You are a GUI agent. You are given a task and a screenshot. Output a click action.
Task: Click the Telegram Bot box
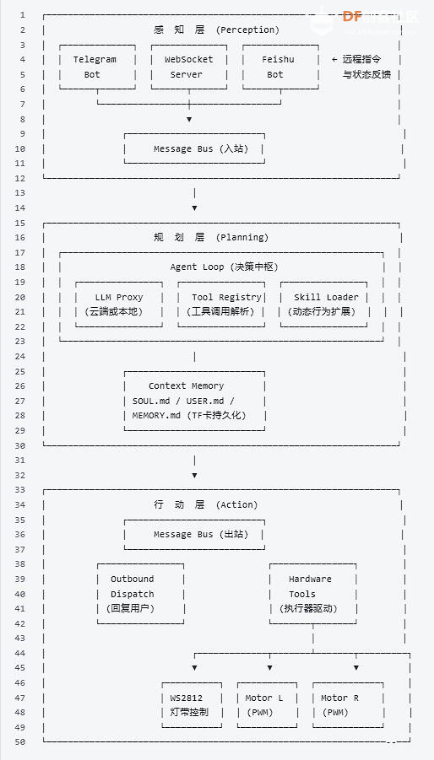tap(95, 67)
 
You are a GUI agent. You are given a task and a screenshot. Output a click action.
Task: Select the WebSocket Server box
tap(188, 67)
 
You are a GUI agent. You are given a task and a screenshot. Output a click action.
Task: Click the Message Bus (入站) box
tap(194, 148)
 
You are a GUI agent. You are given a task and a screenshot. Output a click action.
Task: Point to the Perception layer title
tap(216, 30)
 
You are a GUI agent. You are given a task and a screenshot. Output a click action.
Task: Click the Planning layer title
tap(215, 237)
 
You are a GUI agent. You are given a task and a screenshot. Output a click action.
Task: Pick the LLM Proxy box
tap(118, 305)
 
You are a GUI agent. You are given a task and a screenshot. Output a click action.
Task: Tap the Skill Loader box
tap(325, 305)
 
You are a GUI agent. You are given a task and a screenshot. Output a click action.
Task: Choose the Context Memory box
tap(194, 401)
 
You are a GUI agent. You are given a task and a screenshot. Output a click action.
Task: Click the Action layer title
tap(215, 504)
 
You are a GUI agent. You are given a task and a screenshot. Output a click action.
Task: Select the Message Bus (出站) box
tap(194, 534)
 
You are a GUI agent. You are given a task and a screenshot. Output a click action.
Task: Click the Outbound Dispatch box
tap(139, 594)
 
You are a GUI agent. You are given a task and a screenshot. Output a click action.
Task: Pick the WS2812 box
tap(192, 705)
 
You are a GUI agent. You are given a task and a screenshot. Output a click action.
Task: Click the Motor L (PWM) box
tap(266, 705)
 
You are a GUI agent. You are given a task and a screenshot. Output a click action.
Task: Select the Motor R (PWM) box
tap(347, 705)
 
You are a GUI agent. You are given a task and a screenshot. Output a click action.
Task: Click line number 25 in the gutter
tap(20, 371)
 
